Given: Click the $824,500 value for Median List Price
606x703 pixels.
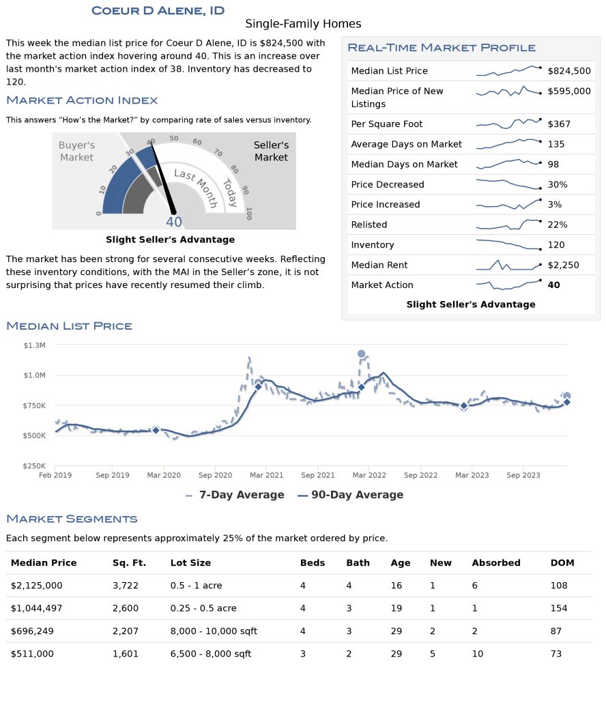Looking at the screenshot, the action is (568, 71).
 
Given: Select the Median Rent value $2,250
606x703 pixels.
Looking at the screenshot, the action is (563, 265).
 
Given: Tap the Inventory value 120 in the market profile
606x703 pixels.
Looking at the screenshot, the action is (555, 245).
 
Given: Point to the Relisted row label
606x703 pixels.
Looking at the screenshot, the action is (369, 225).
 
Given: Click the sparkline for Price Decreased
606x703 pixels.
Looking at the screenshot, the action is (508, 184).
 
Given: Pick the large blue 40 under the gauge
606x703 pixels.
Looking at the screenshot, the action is (174, 222).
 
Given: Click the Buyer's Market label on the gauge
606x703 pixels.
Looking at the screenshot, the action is (76, 151).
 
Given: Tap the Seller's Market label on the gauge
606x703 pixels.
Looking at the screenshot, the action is (271, 151).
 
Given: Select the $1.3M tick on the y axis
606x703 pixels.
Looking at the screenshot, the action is (35, 345).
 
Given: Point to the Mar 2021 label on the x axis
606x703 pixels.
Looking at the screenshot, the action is (267, 475).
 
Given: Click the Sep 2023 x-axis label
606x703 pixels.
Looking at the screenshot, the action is (523, 475).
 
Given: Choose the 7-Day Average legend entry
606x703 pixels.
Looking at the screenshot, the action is (235, 495).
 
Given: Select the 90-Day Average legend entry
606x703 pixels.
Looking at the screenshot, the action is (351, 495).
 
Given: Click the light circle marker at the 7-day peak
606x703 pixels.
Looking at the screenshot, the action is (361, 354).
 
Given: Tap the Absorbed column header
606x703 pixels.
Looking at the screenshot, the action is (496, 562).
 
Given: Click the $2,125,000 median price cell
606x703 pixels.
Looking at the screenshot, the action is (37, 586).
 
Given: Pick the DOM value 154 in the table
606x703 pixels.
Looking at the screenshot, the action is (559, 608).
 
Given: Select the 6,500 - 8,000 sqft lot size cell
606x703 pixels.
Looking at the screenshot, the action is (211, 654).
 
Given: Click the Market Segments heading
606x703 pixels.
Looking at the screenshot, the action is (72, 519).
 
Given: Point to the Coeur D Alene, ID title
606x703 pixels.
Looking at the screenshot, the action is (158, 11).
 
